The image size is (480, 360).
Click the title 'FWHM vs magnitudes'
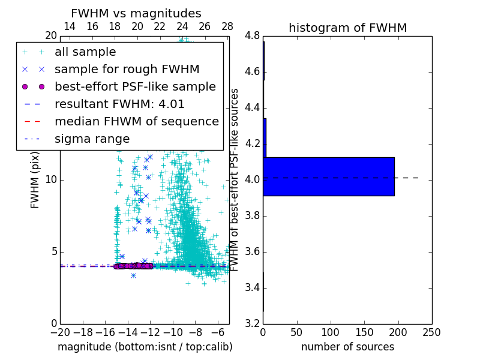point(136,13)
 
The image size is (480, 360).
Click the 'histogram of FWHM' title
point(347,28)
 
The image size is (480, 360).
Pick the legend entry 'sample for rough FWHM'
point(127,69)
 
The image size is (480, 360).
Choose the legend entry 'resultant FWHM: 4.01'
point(119,104)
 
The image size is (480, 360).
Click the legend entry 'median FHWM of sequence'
point(136,121)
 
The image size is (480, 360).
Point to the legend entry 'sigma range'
point(92,139)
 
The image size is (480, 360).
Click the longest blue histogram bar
point(328,176)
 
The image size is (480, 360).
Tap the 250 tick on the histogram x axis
point(431,332)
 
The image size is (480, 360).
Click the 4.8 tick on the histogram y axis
point(253,36)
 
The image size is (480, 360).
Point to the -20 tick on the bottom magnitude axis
point(60,332)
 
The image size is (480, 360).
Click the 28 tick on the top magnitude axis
point(227,26)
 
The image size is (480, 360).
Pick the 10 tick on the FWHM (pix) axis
point(51,180)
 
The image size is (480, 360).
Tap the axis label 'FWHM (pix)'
point(35,180)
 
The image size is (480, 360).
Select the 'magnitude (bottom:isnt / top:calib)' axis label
point(145,347)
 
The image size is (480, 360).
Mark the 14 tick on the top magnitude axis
point(70,26)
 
